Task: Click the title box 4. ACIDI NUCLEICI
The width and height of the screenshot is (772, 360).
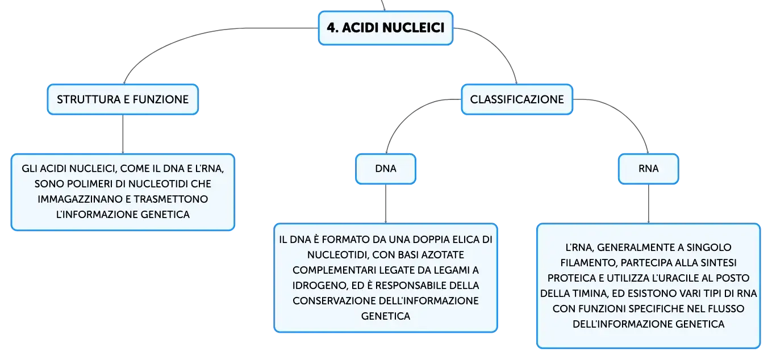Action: pos(385,28)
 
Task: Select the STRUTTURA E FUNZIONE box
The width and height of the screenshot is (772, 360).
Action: pos(123,99)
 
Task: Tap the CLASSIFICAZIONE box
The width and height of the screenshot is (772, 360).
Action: pos(517,99)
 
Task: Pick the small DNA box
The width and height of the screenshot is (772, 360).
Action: pos(386,169)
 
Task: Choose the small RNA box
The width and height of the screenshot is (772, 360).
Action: pos(648,169)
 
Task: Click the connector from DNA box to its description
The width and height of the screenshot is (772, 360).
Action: pos(386,204)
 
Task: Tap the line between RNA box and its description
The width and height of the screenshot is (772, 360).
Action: pos(649,204)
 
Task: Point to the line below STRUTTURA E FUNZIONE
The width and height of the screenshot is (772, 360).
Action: pos(123,134)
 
